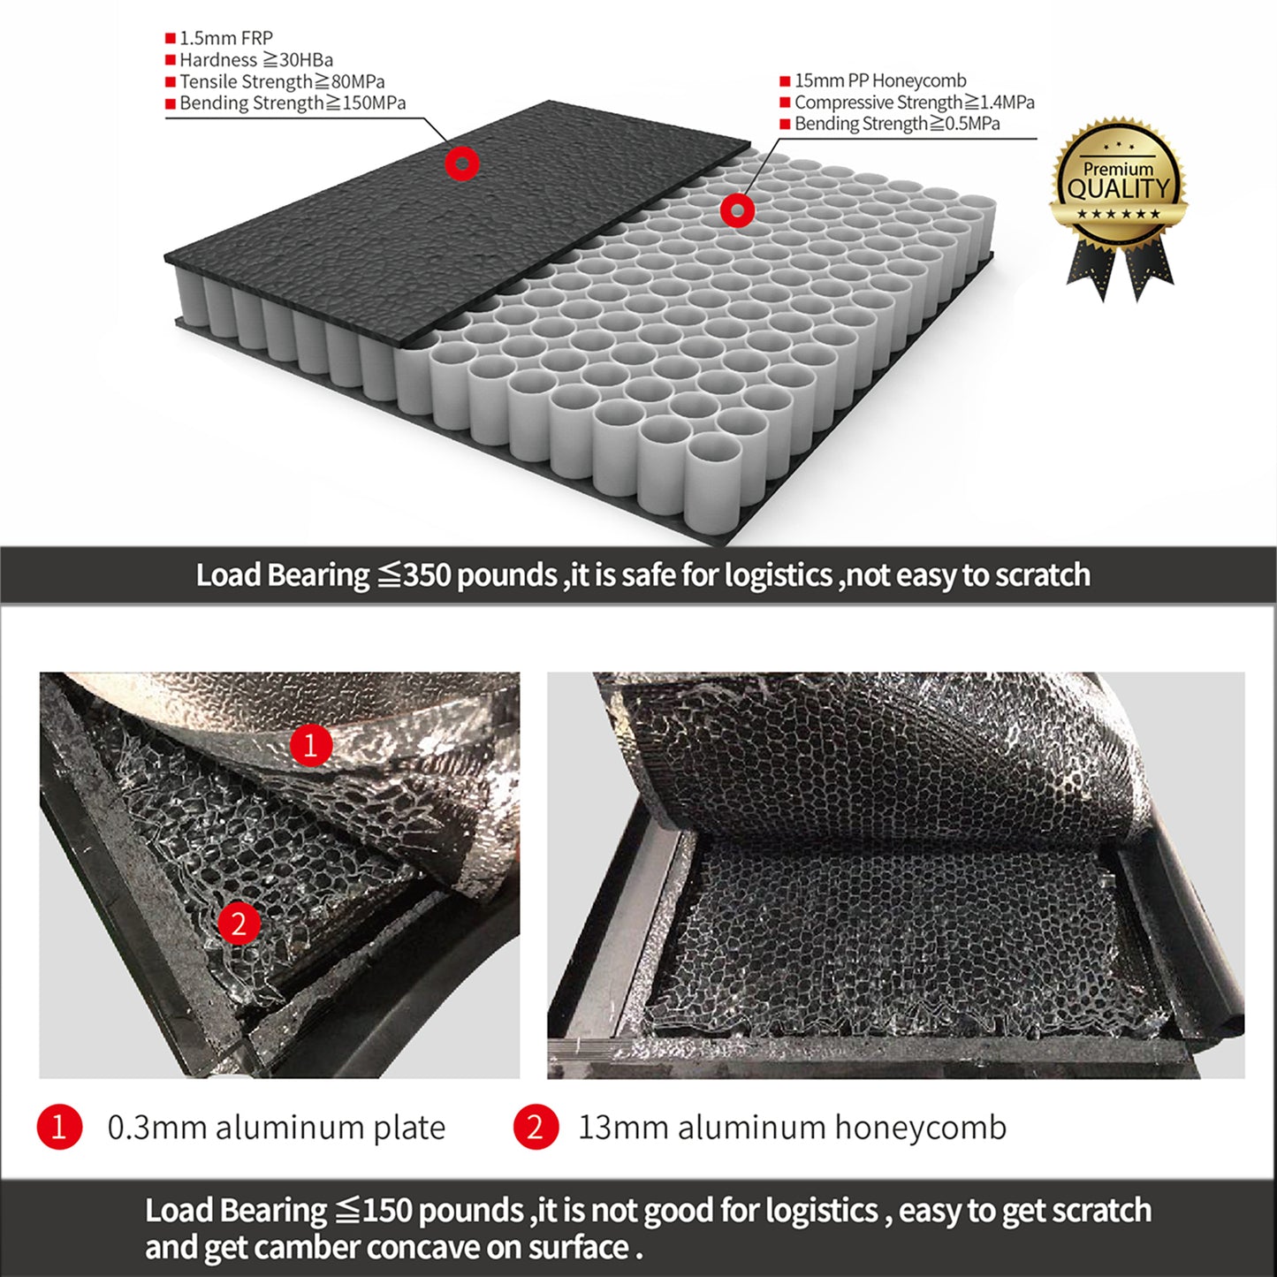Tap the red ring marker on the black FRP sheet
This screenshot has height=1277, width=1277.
tap(461, 163)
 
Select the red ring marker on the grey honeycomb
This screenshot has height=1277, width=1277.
tap(737, 210)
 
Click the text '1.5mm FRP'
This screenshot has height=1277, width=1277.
tap(226, 38)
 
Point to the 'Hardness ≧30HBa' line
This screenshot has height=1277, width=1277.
tap(256, 60)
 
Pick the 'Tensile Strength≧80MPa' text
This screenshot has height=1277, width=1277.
tap(282, 81)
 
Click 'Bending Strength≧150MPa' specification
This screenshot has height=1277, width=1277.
tap(293, 103)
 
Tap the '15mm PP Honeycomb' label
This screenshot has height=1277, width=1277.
tap(880, 80)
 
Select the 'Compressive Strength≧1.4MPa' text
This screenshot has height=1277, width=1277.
tap(914, 103)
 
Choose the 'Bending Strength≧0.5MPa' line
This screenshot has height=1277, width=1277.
tap(897, 124)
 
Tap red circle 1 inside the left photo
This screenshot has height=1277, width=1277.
tap(310, 745)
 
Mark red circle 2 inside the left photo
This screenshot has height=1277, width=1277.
tap(239, 924)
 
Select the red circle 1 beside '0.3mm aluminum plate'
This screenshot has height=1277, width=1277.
tap(59, 1128)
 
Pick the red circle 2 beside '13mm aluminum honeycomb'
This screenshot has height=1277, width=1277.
tap(536, 1128)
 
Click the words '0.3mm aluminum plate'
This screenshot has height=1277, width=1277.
tap(276, 1128)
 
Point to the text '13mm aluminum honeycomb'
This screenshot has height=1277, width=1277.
tap(792, 1128)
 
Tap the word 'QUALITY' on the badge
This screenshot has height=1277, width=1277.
tap(1118, 188)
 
